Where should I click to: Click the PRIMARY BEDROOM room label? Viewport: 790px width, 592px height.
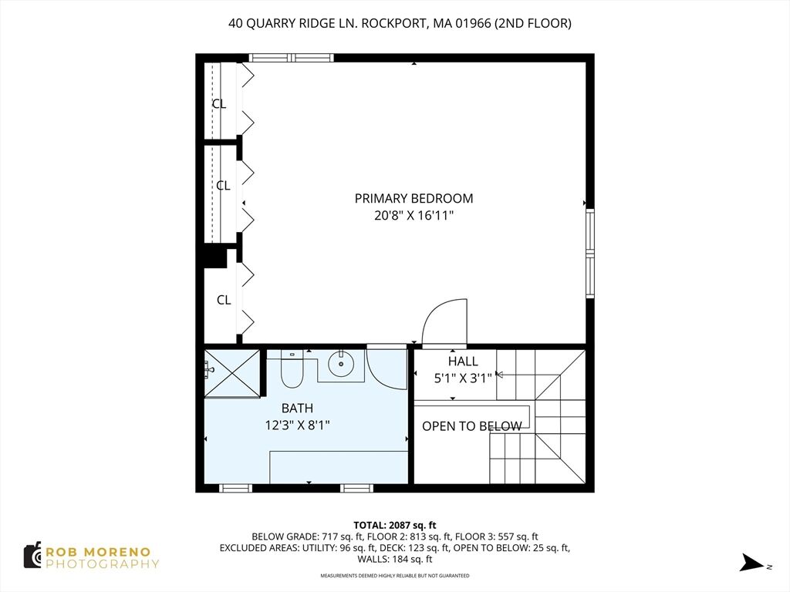[414, 198]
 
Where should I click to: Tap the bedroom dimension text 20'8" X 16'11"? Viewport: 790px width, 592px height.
[414, 216]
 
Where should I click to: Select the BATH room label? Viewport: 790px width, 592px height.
[297, 409]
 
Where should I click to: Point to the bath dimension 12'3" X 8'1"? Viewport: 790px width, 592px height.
[297, 425]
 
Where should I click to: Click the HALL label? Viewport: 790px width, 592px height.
[463, 362]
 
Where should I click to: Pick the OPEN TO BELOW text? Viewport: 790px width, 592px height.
[471, 426]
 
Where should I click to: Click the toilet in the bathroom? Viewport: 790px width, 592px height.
[291, 369]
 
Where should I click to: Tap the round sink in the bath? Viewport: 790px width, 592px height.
[341, 363]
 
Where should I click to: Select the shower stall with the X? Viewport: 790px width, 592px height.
[231, 372]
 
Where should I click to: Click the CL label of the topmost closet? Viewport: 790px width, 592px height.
[219, 104]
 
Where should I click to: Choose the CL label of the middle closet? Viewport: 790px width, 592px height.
[223, 186]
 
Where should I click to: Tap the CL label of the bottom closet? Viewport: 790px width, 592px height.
[224, 300]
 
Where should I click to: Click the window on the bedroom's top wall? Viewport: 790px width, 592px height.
[291, 57]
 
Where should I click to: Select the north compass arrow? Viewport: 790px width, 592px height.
[752, 562]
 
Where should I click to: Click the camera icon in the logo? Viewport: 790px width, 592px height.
[32, 555]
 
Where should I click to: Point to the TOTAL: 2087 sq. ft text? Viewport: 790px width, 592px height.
[394, 526]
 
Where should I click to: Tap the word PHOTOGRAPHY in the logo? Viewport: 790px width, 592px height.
[103, 564]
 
